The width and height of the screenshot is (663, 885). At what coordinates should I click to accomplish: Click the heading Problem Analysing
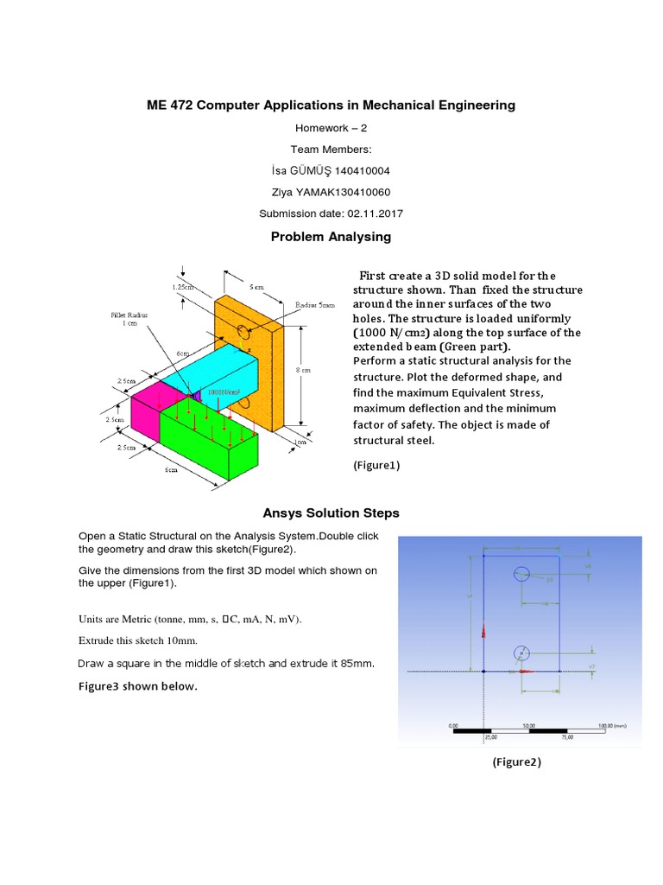331,237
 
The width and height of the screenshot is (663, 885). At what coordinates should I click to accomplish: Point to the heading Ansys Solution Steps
331,513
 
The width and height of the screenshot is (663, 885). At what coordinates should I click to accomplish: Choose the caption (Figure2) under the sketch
517,761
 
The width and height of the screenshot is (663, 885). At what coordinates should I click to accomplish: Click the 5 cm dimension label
257,286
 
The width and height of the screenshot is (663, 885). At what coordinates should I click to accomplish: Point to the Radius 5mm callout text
314,306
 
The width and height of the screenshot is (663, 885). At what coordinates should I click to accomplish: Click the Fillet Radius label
128,317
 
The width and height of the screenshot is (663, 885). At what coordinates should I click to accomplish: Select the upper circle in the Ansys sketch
521,573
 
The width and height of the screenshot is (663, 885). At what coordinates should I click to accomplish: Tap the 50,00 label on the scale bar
528,726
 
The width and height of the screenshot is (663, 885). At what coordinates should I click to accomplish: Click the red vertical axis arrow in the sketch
483,630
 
